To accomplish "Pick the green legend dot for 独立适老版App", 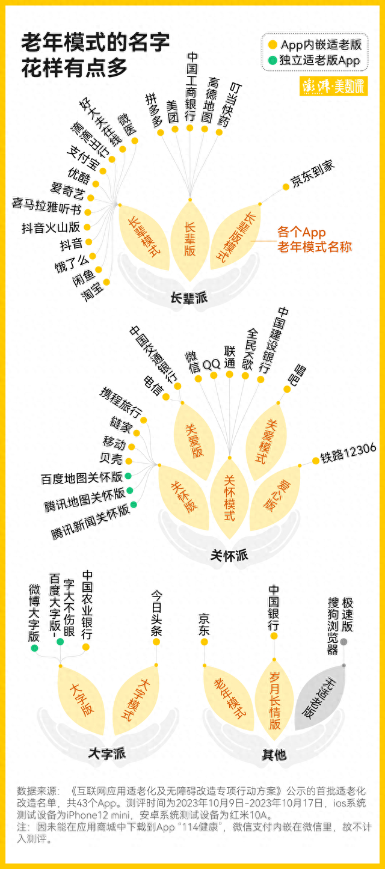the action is (x=273, y=61).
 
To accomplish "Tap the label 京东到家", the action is (x=313, y=174).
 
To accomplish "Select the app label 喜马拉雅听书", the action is (x=47, y=205).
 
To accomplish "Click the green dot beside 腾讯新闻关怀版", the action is (x=134, y=505).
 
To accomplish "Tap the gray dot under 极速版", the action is (x=343, y=642).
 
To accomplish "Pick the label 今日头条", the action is (x=156, y=613).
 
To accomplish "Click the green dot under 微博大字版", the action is (x=34, y=648).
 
